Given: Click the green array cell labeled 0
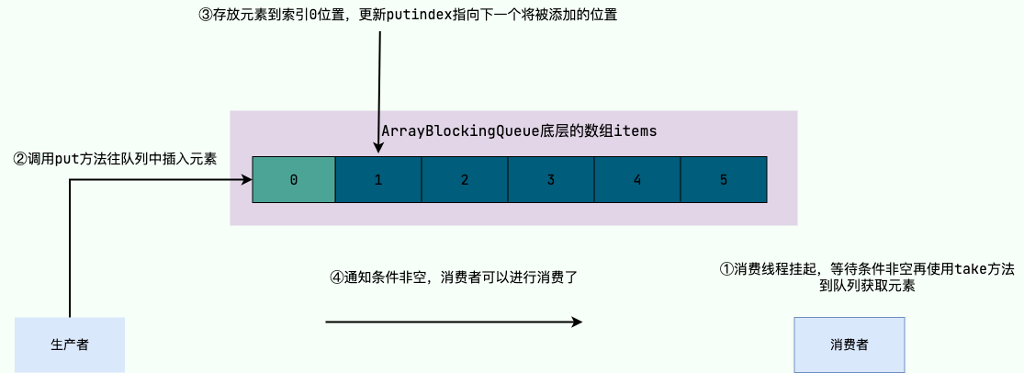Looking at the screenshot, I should [294, 180].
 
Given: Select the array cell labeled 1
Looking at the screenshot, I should [378, 180].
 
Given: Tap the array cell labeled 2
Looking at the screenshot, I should [465, 180].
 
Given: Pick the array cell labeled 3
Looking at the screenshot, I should [551, 180].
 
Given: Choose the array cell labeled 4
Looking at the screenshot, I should [637, 180].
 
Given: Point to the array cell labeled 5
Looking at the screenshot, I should [724, 180].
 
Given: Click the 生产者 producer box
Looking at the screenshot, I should [70, 345].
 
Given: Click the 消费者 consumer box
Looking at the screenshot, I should [850, 345].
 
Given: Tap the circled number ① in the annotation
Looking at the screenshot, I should [726, 269].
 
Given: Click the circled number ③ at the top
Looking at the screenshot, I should [205, 16].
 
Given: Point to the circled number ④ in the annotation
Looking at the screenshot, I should [336, 277].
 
